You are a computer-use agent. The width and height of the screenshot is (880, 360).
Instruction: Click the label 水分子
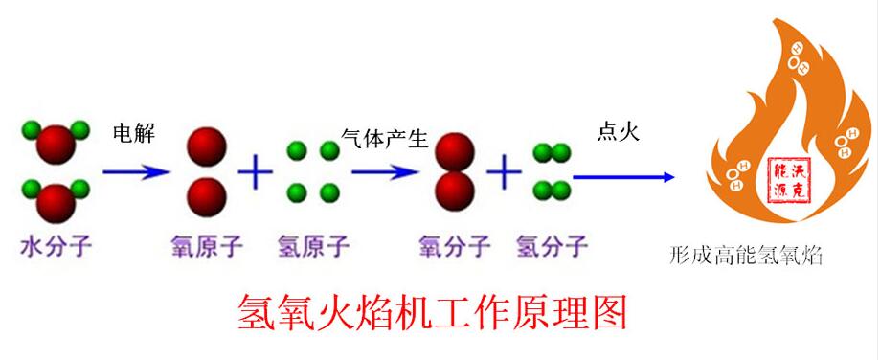point(56,249)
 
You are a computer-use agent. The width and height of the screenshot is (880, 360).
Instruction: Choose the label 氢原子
point(313,249)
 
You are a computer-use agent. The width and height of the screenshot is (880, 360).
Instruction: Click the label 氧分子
point(455,249)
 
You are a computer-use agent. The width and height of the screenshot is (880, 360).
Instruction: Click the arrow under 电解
point(136,172)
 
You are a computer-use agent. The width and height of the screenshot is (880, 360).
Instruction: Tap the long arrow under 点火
point(623,176)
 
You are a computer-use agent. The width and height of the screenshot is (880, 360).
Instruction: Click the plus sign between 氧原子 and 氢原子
point(255,173)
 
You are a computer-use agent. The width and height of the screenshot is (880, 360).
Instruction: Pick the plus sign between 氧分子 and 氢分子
point(504,173)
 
